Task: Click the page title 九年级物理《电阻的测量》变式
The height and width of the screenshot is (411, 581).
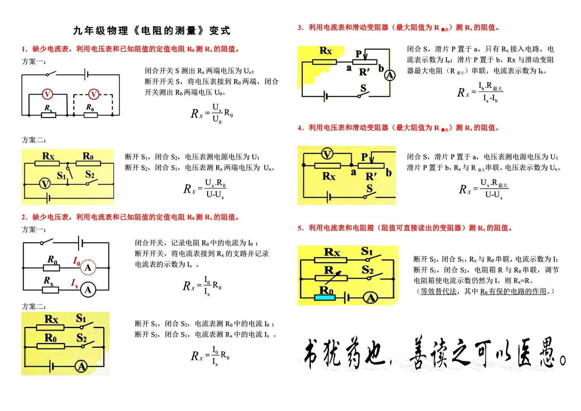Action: (152, 30)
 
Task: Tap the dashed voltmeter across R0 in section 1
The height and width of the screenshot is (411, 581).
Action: (94, 94)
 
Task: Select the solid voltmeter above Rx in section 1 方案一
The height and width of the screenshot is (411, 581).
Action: (47, 94)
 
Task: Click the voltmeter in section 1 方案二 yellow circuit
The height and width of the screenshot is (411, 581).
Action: (45, 184)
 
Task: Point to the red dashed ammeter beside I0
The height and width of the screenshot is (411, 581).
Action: (88, 267)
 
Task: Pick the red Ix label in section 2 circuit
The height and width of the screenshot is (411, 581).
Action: (75, 283)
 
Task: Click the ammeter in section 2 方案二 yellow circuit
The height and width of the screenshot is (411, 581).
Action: (81, 366)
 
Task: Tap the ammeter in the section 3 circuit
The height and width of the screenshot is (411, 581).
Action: (389, 75)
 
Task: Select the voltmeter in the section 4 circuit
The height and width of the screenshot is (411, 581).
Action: (327, 154)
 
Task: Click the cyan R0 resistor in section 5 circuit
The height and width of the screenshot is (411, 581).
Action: (325, 297)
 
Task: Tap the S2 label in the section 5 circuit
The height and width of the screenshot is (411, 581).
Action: (367, 270)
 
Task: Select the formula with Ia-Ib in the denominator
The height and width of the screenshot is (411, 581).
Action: (480, 92)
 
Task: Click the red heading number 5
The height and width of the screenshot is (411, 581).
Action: (300, 228)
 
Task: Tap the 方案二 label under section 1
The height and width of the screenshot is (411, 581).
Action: (34, 140)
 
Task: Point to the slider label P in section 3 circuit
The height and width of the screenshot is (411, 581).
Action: (358, 54)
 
